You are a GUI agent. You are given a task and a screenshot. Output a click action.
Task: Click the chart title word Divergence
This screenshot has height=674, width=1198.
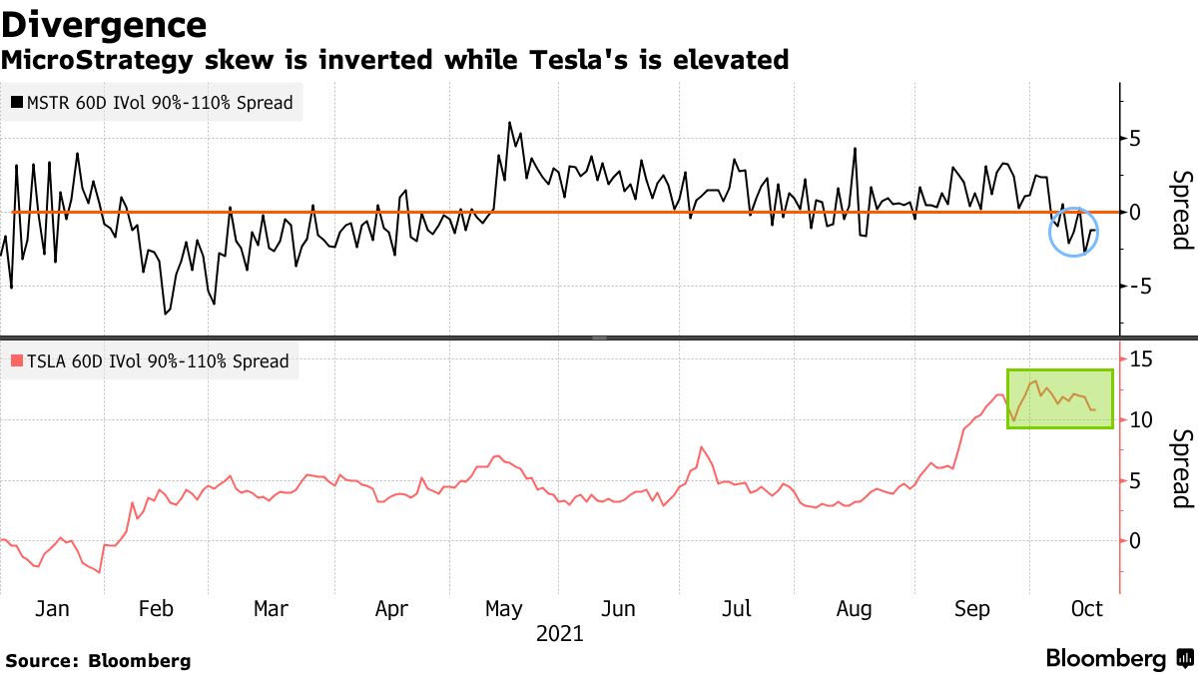[104, 24]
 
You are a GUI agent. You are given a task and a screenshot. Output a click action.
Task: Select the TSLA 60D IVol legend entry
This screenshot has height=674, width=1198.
[150, 361]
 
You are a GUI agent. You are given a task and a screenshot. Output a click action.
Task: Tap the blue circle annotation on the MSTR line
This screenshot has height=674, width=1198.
[1074, 232]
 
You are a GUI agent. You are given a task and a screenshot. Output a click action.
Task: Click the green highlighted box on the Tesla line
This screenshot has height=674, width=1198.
[1059, 399]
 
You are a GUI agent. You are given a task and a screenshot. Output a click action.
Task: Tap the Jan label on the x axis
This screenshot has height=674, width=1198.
[52, 608]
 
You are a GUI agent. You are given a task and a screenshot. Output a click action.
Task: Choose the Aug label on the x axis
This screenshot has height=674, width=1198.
[854, 608]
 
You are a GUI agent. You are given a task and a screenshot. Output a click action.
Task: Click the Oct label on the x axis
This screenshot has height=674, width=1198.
[1086, 608]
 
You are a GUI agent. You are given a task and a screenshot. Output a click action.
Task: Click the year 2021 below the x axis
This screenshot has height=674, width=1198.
[560, 634]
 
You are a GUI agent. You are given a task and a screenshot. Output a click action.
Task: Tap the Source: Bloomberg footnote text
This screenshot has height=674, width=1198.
[98, 660]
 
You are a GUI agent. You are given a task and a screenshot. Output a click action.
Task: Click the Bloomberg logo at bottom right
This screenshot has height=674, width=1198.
[1118, 659]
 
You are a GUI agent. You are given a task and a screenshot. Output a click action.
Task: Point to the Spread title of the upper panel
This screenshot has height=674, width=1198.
[1181, 210]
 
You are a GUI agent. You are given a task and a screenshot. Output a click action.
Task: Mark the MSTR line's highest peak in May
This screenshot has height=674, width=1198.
[509, 123]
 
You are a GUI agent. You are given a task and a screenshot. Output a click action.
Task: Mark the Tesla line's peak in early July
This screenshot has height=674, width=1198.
[702, 447]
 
